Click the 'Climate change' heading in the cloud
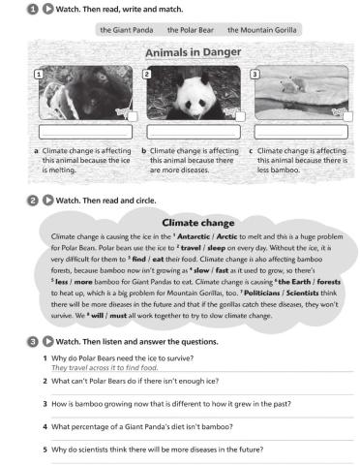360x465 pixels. click(x=192, y=222)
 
